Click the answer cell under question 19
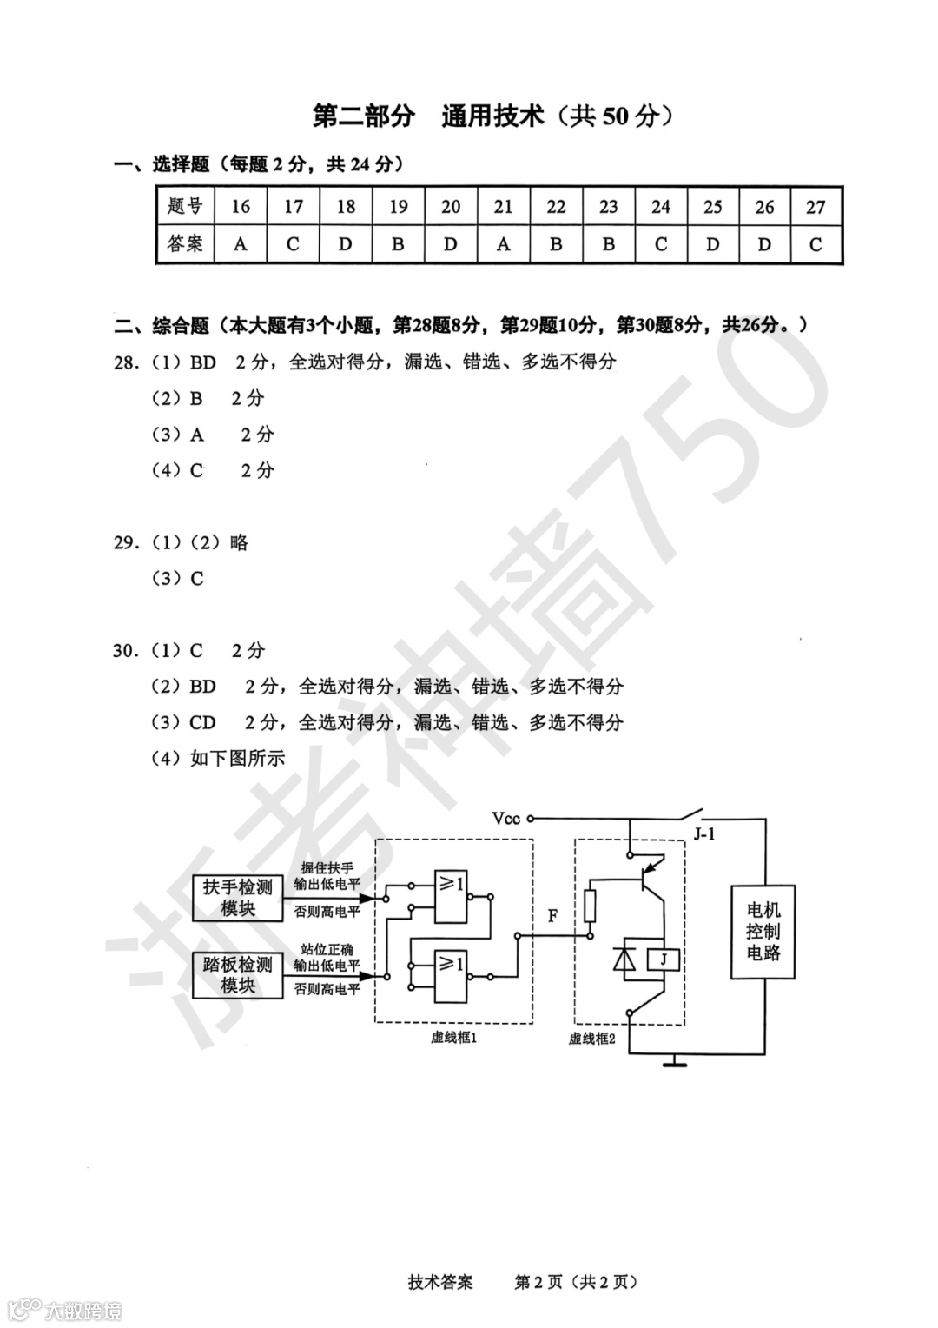[398, 244]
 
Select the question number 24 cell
[660, 207]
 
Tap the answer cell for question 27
[815, 244]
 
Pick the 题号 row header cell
[185, 207]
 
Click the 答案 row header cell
[185, 244]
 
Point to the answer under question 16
[241, 244]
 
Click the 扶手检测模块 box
[237, 898]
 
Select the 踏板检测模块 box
[237, 974]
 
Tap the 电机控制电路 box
[763, 932]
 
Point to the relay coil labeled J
[664, 959]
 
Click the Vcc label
[505, 818]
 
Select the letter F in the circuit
[552, 915]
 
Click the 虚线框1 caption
[454, 1037]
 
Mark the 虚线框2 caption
[592, 1038]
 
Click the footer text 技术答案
[440, 1282]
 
